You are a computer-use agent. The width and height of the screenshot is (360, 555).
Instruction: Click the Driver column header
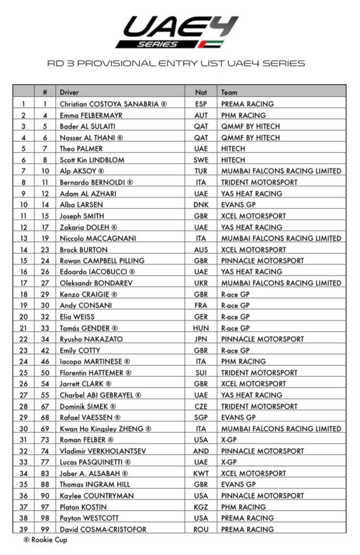(x=69, y=92)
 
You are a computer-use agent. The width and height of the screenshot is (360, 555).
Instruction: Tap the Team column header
(x=229, y=92)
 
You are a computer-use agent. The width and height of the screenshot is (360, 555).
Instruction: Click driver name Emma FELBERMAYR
(x=91, y=115)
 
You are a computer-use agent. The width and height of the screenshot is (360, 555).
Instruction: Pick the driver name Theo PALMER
(x=81, y=149)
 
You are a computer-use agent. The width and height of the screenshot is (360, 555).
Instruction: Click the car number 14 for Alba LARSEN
(x=46, y=205)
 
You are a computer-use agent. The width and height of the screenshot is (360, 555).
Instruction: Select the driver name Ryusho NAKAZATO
(x=91, y=339)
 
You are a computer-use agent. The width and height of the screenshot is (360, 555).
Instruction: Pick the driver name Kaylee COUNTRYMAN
(x=97, y=495)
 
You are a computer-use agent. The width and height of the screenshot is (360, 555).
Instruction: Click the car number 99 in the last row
(x=46, y=529)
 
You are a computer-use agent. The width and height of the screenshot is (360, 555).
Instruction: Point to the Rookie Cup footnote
(x=46, y=540)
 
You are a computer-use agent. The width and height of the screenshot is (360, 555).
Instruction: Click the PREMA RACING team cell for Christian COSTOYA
(x=247, y=104)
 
